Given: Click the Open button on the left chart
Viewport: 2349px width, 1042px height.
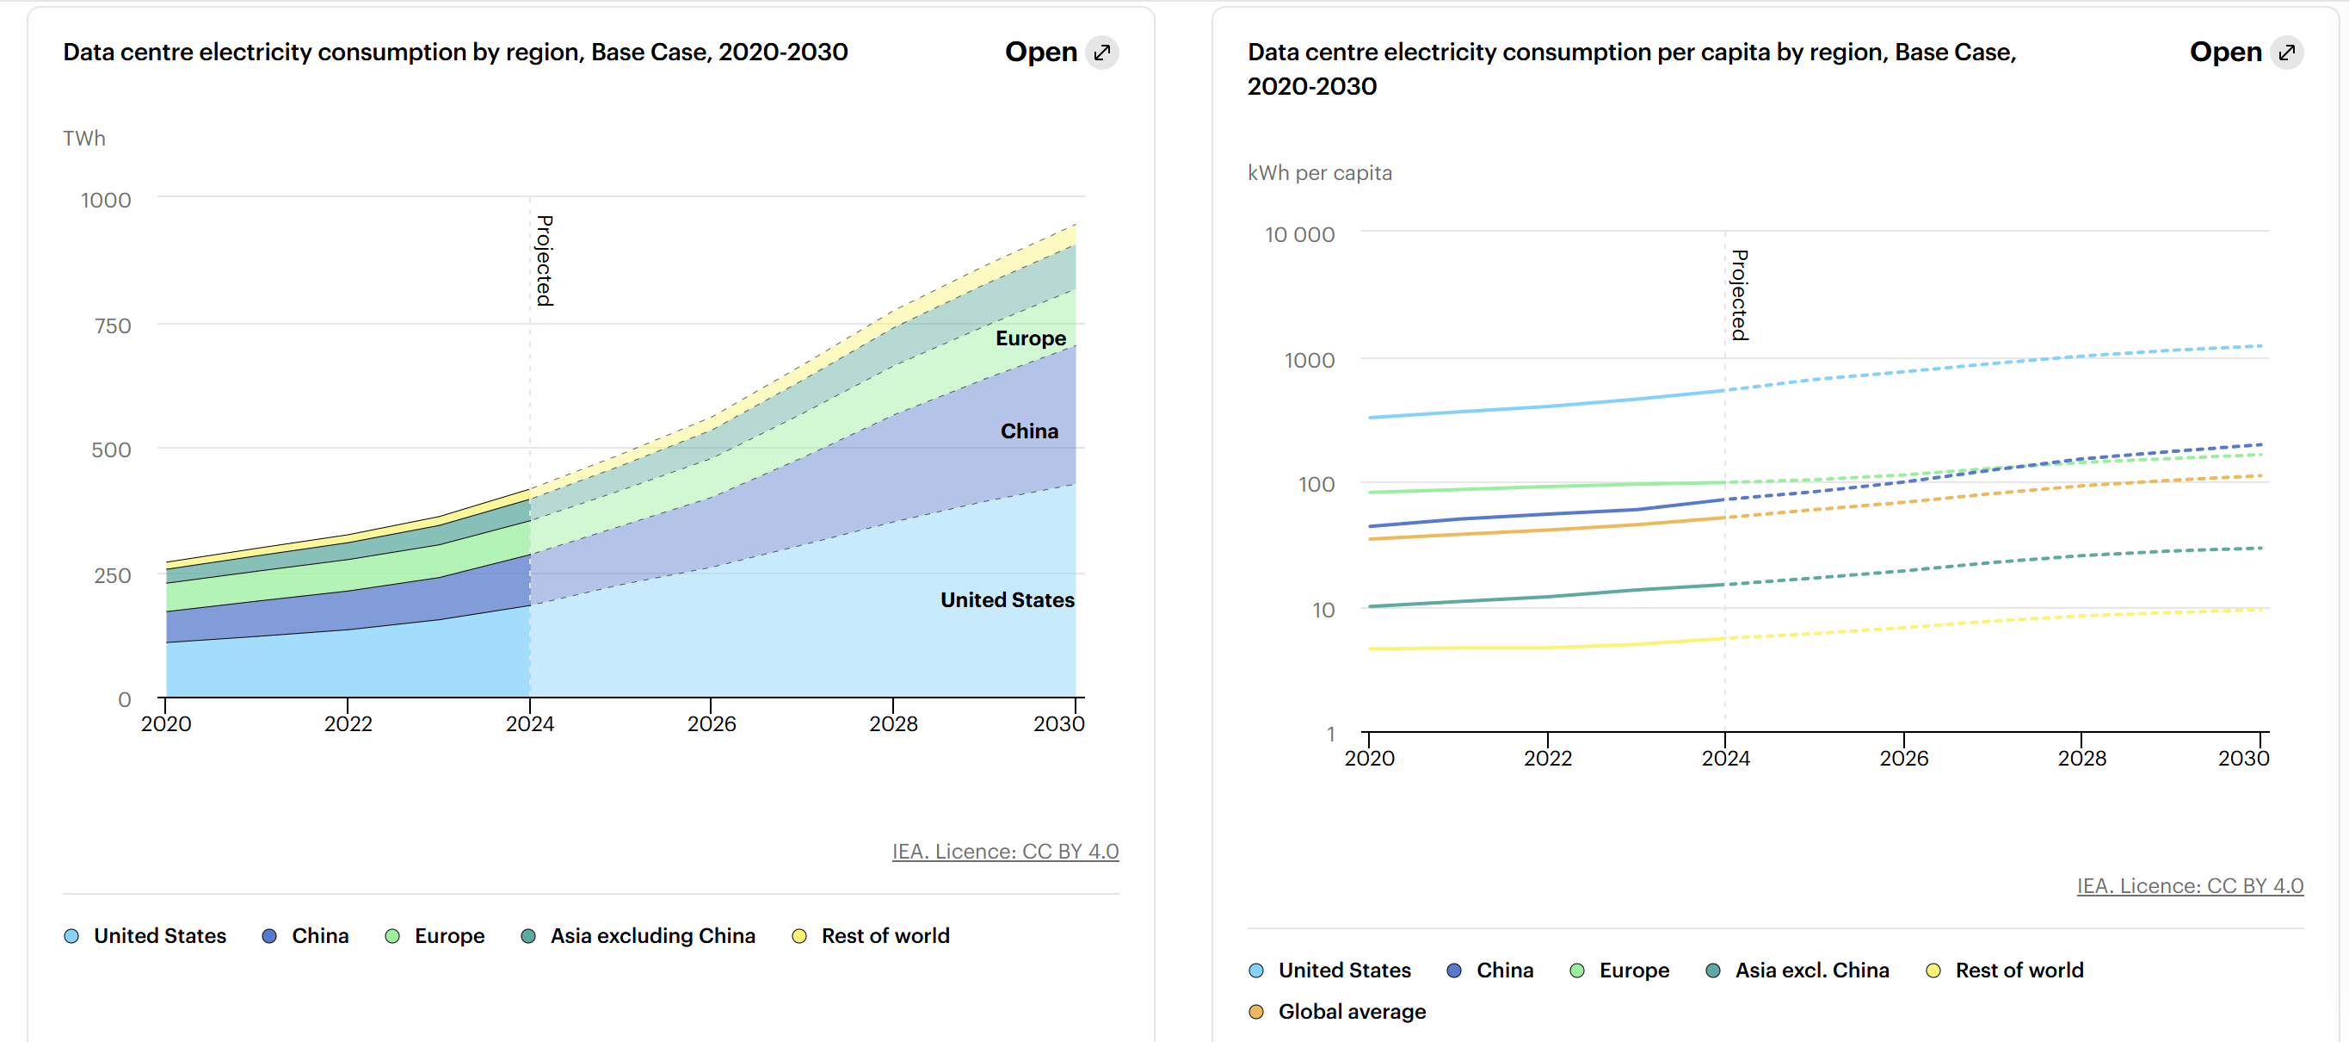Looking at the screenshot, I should point(1061,52).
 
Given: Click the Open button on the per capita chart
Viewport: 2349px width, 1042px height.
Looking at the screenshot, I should point(2245,52).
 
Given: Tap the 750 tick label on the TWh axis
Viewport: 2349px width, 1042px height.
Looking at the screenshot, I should point(113,326).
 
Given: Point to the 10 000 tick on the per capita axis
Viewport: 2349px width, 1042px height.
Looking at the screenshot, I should point(1298,234).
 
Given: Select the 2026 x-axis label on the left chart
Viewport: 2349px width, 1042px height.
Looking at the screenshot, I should point(712,723).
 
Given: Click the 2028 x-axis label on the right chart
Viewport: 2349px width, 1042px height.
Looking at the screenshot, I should point(2081,758).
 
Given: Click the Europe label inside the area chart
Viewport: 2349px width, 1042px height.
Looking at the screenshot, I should point(1031,338).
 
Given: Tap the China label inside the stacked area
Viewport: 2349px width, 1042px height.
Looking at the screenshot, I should point(1028,431).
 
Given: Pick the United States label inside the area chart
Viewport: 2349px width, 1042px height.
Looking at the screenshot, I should point(1007,599).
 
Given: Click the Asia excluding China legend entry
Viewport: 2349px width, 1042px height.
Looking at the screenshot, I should point(652,936).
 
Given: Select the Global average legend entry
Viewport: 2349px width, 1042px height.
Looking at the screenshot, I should point(1352,1012).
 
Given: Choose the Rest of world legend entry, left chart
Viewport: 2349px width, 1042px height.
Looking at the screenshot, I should point(885,936).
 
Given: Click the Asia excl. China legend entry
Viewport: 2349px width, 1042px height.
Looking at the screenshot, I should point(1811,971).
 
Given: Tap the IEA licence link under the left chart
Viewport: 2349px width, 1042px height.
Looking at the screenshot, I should point(1005,852).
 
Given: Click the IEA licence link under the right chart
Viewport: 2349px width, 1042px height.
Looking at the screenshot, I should point(2190,886).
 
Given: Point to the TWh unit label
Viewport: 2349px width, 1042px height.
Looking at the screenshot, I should point(84,139).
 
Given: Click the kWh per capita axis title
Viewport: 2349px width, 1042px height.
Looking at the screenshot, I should point(1320,173).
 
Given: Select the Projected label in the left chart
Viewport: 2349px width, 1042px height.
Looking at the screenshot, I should point(545,261).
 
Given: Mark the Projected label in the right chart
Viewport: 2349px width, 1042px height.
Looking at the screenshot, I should point(1739,295).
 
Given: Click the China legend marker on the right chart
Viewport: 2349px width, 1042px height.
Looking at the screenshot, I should point(1454,971).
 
